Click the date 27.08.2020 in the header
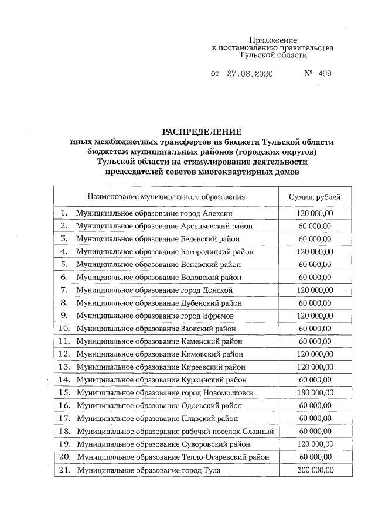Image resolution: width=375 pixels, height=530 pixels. pyautogui.click(x=250, y=74)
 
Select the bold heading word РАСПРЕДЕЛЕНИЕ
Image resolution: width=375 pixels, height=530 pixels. pyautogui.click(x=202, y=132)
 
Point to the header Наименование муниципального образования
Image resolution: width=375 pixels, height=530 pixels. pyautogui.click(x=166, y=196)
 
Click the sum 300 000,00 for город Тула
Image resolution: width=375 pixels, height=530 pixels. pyautogui.click(x=314, y=470)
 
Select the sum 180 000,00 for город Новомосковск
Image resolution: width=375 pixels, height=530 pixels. pyautogui.click(x=314, y=392)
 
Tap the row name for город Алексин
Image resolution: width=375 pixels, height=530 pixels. pyautogui.click(x=158, y=213)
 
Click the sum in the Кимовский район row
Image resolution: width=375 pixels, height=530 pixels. pyautogui.click(x=314, y=354)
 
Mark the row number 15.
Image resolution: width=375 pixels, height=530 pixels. pyautogui.click(x=64, y=392)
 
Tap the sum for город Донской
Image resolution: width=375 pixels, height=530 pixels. pyautogui.click(x=314, y=290)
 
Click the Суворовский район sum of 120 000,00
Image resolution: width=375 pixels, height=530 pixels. pyautogui.click(x=314, y=444)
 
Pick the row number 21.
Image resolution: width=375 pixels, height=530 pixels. pyautogui.click(x=64, y=470)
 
